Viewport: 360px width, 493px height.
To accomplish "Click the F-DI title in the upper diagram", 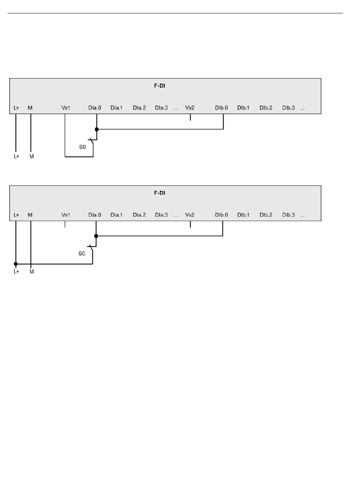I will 160,86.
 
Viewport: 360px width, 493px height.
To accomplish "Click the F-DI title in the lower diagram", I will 160,193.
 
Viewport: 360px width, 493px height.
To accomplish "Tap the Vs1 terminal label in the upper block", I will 66,108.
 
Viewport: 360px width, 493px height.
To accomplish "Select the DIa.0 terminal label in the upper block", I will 95,108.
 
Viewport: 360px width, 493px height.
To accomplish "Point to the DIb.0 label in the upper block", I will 221,108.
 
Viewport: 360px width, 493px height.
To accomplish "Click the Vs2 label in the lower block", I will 189,215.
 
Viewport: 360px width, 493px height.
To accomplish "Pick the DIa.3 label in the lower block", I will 161,215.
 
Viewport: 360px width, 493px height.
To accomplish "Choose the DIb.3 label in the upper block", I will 288,108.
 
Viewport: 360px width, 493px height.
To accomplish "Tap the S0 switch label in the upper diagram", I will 82,147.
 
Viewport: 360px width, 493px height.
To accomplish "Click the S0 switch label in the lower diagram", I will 82,254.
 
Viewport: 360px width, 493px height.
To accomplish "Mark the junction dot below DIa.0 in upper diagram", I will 97,129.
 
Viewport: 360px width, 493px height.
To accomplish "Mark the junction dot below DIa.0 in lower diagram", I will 96,236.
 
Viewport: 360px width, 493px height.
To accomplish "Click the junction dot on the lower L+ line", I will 16,264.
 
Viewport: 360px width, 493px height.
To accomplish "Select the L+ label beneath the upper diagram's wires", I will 16,157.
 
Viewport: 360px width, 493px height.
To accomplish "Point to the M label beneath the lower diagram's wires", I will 31,272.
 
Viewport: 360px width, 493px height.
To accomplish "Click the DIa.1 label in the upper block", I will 116,108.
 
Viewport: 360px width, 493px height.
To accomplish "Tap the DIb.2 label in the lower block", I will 266,215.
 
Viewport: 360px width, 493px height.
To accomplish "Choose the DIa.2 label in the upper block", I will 139,108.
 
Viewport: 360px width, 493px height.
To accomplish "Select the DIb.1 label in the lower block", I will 243,215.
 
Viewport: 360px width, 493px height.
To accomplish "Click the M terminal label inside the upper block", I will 30,108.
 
